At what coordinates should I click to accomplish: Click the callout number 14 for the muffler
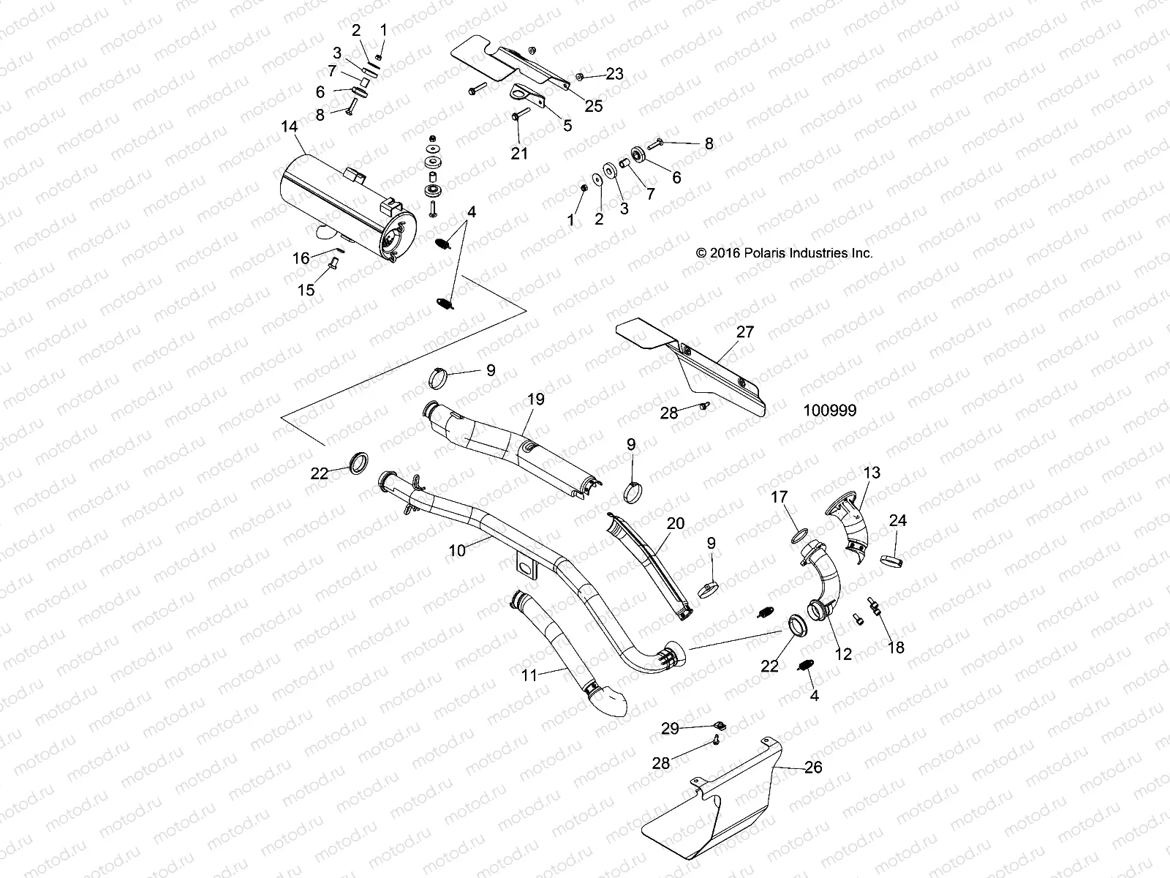point(290,127)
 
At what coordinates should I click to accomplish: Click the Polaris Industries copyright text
point(785,253)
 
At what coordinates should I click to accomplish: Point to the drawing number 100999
point(829,410)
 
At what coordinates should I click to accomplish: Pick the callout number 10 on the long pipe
point(457,550)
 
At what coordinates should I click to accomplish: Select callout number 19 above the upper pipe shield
point(536,399)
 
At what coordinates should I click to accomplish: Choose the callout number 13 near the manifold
point(872,473)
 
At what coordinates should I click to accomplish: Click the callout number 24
point(897,521)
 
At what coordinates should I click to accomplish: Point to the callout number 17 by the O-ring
point(780,498)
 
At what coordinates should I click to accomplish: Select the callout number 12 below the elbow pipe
point(843,654)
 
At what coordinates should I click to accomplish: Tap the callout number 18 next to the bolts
point(895,648)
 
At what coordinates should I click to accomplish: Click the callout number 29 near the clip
point(670,728)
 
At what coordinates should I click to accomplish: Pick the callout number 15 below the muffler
point(306,290)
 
